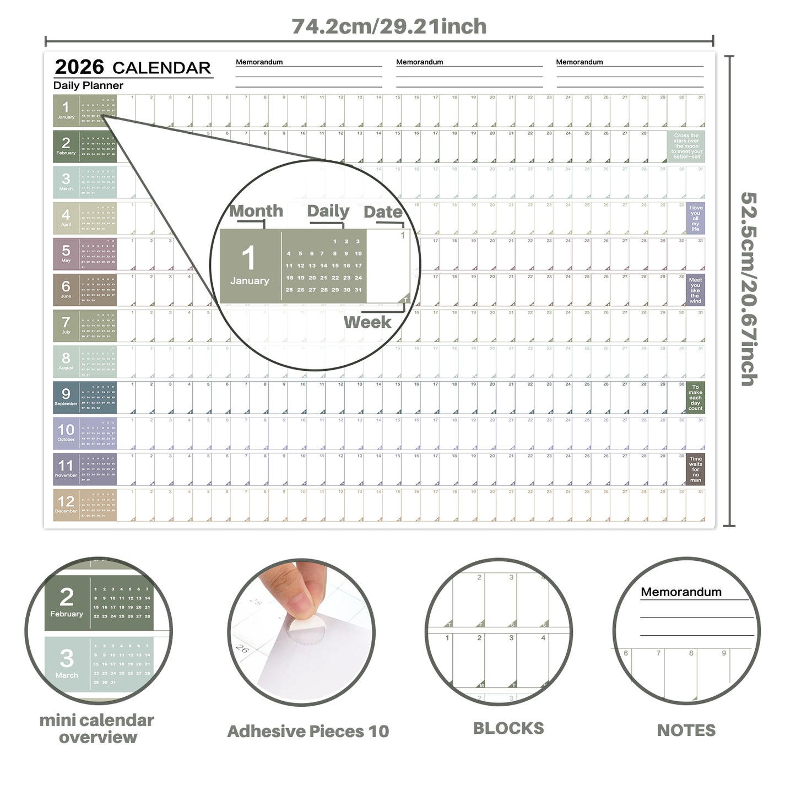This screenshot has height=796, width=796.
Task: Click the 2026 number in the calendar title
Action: click(x=79, y=67)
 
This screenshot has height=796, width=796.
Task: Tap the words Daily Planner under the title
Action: click(x=88, y=85)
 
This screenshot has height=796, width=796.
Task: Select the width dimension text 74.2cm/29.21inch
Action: click(x=389, y=26)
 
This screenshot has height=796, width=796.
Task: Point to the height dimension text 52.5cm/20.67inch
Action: click(x=749, y=289)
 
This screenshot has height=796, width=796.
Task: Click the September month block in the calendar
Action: click(x=85, y=397)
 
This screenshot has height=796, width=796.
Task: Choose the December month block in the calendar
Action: click(x=85, y=505)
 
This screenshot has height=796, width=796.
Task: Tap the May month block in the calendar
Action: click(x=85, y=254)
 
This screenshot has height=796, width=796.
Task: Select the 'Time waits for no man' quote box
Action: click(x=695, y=469)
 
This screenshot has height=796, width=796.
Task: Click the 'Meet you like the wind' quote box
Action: click(x=695, y=290)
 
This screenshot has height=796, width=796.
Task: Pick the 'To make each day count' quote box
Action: click(x=695, y=398)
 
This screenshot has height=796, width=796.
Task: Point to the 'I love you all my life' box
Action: click(x=695, y=218)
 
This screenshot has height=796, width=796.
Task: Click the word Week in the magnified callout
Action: click(x=367, y=322)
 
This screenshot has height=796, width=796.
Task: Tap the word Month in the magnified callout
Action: click(x=256, y=211)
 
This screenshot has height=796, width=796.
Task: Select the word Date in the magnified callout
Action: click(x=383, y=212)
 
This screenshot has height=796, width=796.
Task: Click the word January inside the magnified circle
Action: click(x=250, y=281)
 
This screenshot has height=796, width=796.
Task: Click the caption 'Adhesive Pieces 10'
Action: click(x=308, y=732)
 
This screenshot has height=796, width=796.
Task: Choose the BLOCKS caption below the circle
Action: click(x=508, y=728)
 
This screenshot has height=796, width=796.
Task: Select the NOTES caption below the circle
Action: click(x=686, y=730)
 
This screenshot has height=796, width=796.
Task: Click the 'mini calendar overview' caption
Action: click(x=97, y=729)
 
